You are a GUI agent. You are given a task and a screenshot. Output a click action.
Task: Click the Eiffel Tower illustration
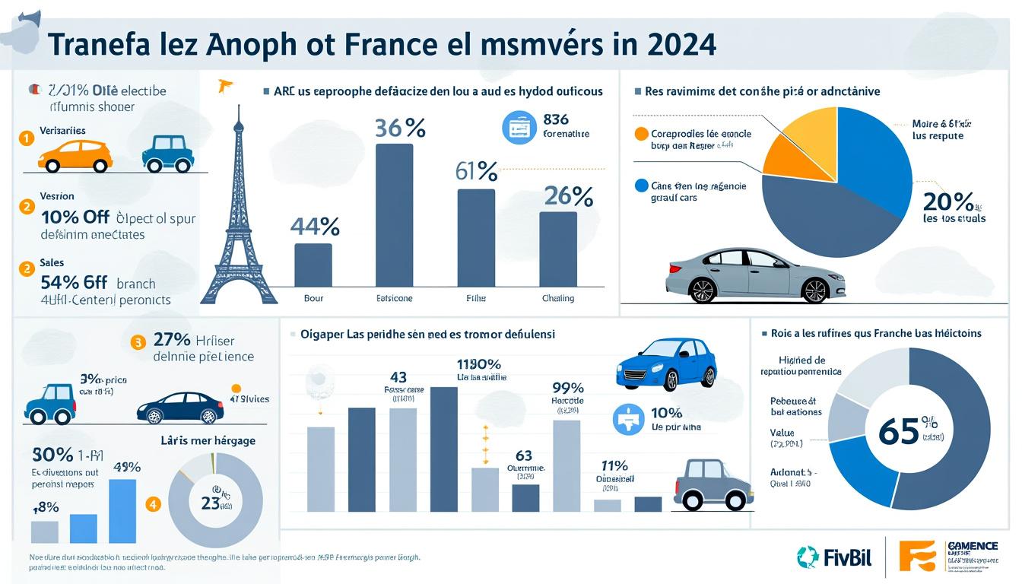237,221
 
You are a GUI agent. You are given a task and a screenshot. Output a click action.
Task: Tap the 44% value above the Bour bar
314,227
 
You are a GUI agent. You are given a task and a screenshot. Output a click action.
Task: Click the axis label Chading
558,298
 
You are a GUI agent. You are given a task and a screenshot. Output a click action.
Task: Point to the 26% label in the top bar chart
568,197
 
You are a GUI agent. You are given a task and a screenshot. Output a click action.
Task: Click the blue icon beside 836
519,127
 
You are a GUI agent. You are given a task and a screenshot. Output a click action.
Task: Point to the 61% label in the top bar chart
476,171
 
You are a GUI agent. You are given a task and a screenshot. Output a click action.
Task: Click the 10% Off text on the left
75,217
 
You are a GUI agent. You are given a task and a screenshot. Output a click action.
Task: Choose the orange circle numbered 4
154,503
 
